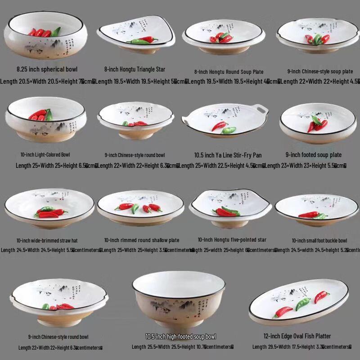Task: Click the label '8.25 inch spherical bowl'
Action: [x=47, y=69]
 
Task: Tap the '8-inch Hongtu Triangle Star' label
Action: [x=135, y=69]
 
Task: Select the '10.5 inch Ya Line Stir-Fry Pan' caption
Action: [x=228, y=155]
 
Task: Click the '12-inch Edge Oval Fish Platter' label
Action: [x=297, y=336]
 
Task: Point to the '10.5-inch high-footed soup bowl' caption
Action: [x=180, y=337]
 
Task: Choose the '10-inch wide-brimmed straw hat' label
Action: [x=47, y=240]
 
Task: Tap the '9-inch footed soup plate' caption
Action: [x=313, y=155]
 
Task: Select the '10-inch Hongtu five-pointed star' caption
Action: [x=232, y=240]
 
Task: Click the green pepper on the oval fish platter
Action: [x=302, y=304]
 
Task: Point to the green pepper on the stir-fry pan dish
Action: [x=229, y=130]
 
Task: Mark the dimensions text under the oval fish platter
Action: [x=301, y=347]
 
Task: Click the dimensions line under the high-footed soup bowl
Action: [x=182, y=347]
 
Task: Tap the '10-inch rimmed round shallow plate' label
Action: [x=141, y=240]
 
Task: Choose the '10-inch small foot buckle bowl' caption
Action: [x=319, y=240]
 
